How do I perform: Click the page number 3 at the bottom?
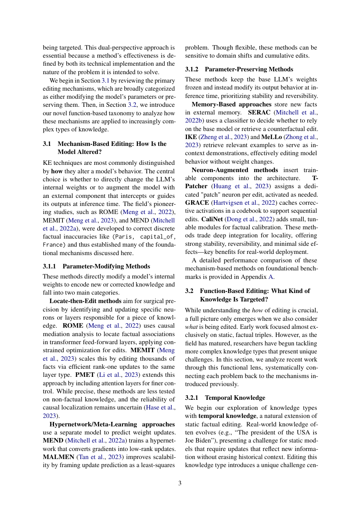pyautogui.click(x=180, y=483)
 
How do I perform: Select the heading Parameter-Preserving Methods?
pyautogui.click(x=249, y=69)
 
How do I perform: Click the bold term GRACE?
pyautogui.click(x=197, y=202)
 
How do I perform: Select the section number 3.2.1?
pyautogui.click(x=194, y=398)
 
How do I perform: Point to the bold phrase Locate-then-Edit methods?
pyautogui.click(x=85, y=301)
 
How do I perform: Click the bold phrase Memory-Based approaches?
pyautogui.click(x=229, y=104)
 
